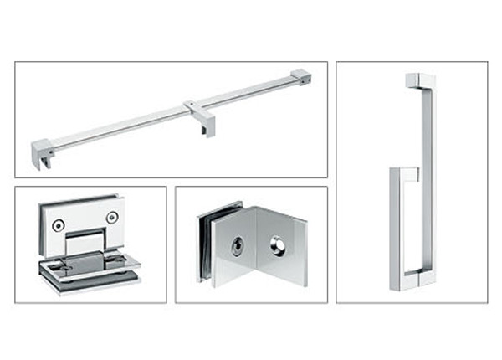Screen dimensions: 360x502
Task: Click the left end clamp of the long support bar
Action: tap(41, 153)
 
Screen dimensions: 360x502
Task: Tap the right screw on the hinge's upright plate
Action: tap(110, 218)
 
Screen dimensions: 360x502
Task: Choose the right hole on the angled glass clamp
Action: tap(276, 248)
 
